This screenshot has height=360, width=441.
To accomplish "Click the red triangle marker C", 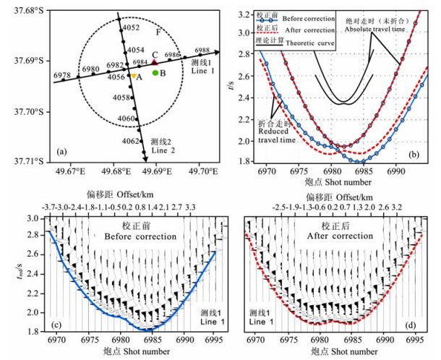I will pos(154,63).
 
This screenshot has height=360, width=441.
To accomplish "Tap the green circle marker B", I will pos(155,73).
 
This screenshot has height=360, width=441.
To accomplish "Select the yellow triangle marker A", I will pos(134,75).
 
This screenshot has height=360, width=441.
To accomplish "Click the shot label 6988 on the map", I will pos(203,51).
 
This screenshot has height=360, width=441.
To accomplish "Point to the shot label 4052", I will pos(131,27).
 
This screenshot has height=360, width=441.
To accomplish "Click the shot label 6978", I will pos(62,75).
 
